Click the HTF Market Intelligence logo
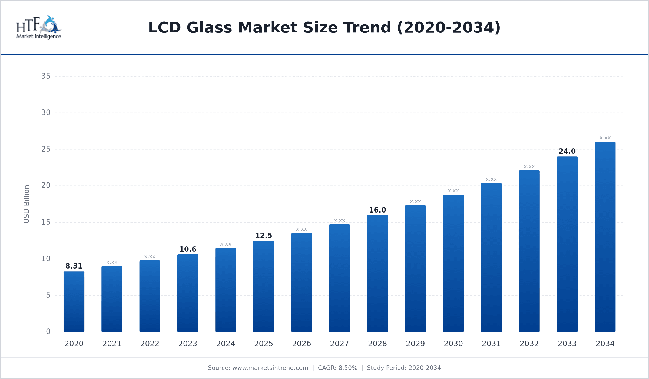point(39,27)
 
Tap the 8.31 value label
point(74,266)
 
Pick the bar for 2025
point(264,286)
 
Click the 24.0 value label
point(567,151)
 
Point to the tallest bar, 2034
point(605,237)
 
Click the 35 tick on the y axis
point(46,76)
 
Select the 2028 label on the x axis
point(377,344)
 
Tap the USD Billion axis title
point(26,204)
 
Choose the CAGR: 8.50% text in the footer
point(337,368)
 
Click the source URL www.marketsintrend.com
point(270,368)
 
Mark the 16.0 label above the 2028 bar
point(377,210)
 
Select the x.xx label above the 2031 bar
point(491,179)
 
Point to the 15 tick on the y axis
point(46,222)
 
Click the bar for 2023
point(188,293)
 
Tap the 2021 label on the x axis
point(112,344)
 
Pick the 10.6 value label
point(188,249)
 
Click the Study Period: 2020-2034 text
point(404,368)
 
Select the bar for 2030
point(453,263)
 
